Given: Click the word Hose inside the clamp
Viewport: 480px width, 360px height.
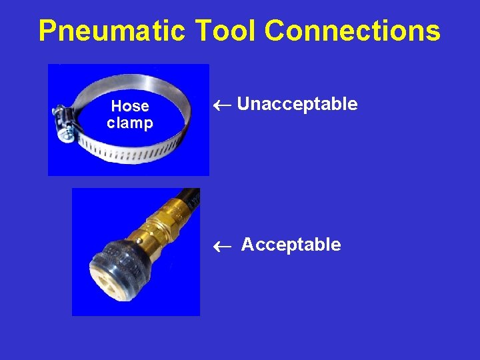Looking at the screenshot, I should [x=130, y=106].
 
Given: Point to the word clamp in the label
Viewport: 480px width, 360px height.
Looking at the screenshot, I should [x=130, y=123].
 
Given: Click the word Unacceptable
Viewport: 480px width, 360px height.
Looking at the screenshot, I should [x=297, y=104].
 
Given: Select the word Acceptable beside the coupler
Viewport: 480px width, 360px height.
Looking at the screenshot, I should [x=291, y=245].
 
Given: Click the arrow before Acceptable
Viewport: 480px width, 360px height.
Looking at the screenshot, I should [x=225, y=246].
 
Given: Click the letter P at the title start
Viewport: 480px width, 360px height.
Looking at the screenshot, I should [x=48, y=31].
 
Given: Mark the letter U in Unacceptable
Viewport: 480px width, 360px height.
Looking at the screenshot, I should [x=243, y=104].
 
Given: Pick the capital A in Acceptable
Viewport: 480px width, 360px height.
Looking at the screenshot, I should [x=247, y=245].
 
